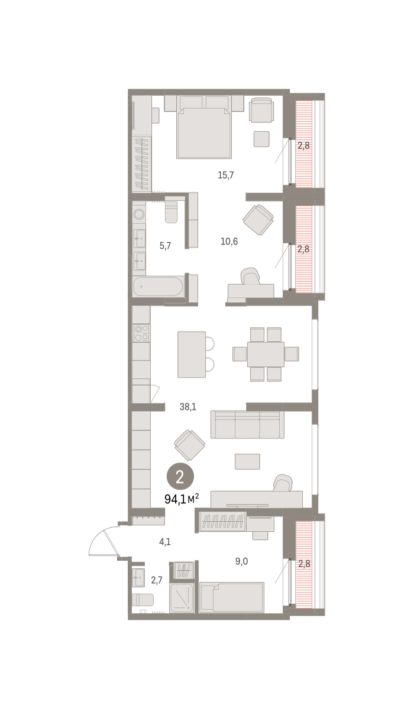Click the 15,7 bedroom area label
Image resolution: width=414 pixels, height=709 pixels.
[x=225, y=175]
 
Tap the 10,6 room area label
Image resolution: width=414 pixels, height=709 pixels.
[x=229, y=242]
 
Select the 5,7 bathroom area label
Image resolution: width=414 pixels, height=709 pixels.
[x=165, y=246]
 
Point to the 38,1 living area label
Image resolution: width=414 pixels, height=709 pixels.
[x=188, y=406]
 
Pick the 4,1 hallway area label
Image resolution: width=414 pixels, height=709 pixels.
[x=165, y=542]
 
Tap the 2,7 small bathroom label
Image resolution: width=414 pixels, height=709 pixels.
[x=157, y=580]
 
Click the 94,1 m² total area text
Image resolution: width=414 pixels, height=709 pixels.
[x=182, y=499]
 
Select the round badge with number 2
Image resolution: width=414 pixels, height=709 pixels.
[x=180, y=477]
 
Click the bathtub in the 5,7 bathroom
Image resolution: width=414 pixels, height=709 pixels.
[x=159, y=287]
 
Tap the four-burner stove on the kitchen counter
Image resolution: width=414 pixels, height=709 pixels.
[x=141, y=333]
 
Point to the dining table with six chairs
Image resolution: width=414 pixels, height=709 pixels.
[x=266, y=354]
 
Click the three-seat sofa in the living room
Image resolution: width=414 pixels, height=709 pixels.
[x=247, y=424]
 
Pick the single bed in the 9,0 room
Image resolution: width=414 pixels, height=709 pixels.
[x=232, y=597]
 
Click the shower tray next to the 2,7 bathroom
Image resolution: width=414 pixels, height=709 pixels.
[x=182, y=598]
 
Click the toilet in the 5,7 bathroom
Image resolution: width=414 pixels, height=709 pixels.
[x=172, y=210]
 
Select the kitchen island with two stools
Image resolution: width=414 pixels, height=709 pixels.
[x=196, y=354]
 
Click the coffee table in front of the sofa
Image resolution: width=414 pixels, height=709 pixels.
[x=247, y=461]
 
